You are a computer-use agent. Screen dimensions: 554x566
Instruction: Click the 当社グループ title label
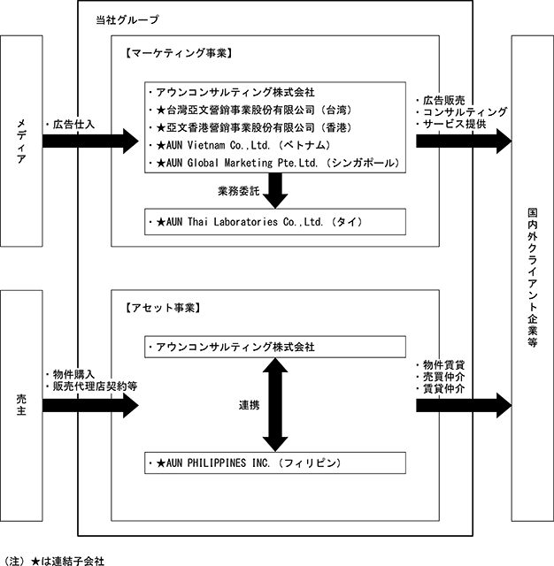(127, 19)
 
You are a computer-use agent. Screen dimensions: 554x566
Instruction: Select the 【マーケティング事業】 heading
(179, 53)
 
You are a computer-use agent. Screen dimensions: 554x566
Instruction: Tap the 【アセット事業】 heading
(163, 308)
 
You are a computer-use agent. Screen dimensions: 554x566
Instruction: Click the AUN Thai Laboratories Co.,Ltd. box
(275, 222)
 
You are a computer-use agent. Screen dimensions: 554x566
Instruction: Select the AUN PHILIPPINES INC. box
(275, 463)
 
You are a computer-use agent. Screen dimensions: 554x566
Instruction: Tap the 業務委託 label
(239, 191)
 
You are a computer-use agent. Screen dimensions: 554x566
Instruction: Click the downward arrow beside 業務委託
(275, 191)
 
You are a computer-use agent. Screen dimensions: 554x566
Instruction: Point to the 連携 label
(250, 405)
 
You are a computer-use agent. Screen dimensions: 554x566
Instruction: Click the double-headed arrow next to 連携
(275, 405)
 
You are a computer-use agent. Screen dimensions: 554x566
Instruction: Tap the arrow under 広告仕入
(90, 141)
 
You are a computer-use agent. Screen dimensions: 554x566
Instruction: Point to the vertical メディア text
(21, 141)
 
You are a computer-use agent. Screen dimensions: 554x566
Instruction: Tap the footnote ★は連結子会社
(68, 561)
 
